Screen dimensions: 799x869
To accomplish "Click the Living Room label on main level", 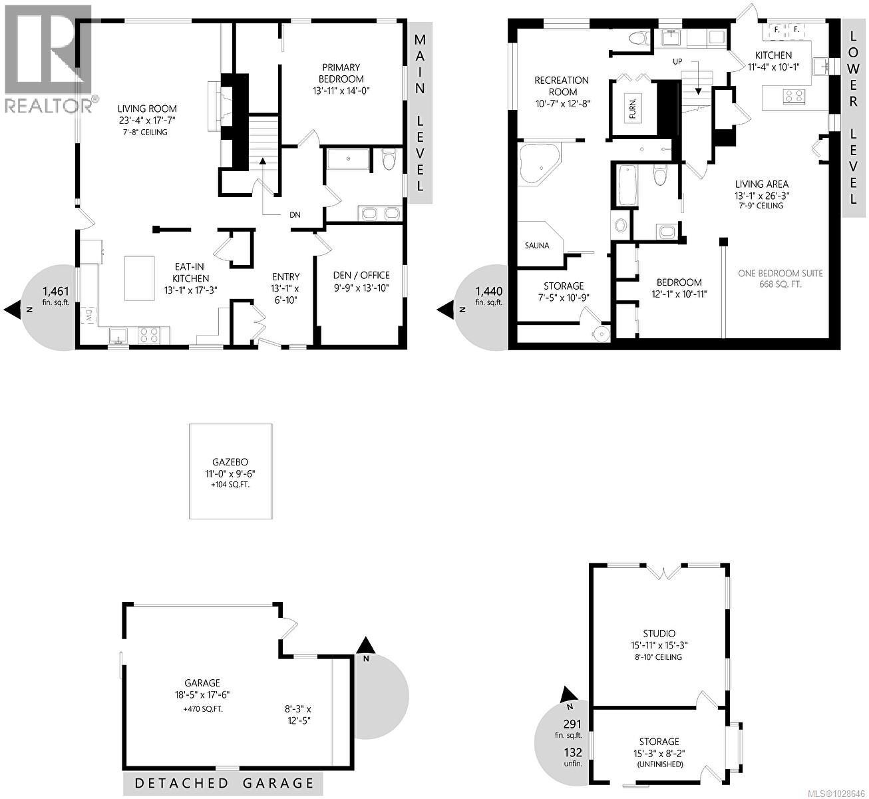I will click(x=147, y=109).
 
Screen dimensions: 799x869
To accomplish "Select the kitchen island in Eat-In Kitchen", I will click(x=140, y=278).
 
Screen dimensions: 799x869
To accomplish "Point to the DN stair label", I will click(x=295, y=215).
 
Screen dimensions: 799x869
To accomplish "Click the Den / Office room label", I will click(x=361, y=275).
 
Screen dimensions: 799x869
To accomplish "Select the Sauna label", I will click(x=537, y=245).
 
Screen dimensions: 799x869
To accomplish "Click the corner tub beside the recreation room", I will click(x=540, y=164).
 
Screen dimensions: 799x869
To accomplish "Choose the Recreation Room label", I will click(x=562, y=86).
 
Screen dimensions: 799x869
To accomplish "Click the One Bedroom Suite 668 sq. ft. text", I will click(x=781, y=279).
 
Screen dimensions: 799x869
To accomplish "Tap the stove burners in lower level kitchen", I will click(x=793, y=96).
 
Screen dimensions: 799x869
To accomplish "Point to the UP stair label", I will click(x=677, y=61).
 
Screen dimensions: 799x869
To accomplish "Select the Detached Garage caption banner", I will click(x=224, y=783).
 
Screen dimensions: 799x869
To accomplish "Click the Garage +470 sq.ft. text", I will click(x=202, y=709).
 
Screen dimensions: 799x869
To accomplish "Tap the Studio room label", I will click(x=659, y=633).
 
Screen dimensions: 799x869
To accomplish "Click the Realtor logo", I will click(x=49, y=58).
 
